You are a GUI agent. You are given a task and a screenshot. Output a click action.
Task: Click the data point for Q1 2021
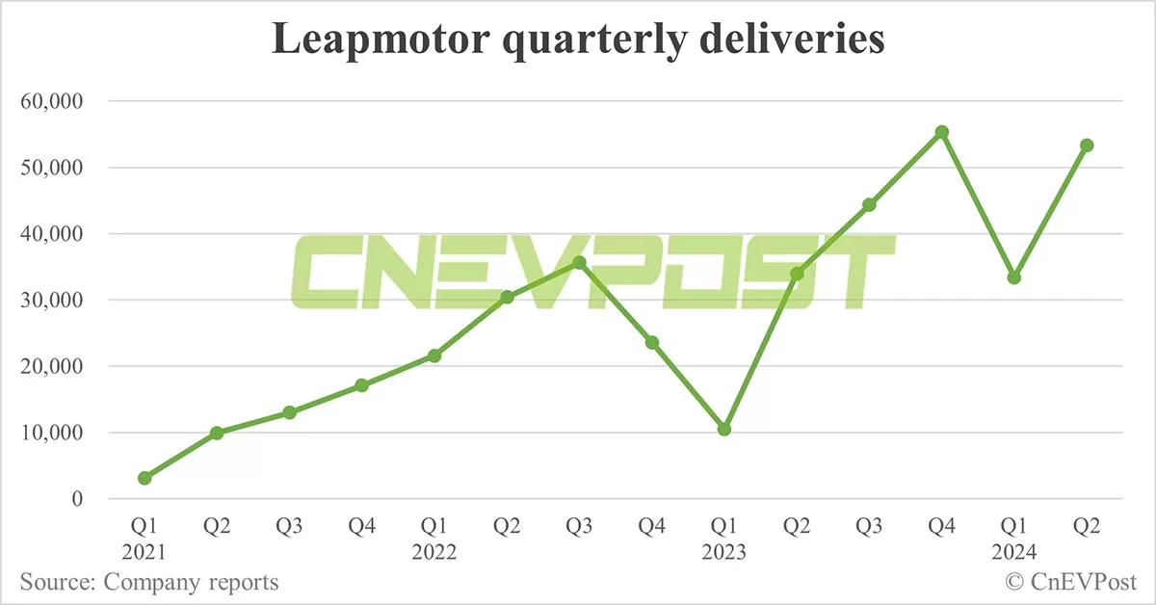tap(144, 478)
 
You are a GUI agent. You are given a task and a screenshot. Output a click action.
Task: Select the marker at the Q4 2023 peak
tap(942, 132)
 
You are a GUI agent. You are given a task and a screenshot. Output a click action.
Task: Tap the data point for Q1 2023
tap(724, 429)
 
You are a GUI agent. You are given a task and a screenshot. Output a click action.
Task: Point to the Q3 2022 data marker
tap(579, 263)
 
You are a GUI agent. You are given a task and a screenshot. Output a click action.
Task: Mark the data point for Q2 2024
tap(1087, 145)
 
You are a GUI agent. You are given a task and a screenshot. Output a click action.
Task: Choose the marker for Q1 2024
tap(1014, 277)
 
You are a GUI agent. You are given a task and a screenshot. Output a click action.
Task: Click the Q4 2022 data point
tap(652, 342)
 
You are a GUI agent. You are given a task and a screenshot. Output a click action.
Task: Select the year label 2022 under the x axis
tap(433, 553)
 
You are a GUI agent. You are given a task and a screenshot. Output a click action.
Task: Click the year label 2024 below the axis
tap(1014, 553)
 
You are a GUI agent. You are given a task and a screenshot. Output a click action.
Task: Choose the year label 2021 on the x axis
tap(144, 553)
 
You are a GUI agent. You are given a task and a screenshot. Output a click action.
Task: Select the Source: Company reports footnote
tap(149, 582)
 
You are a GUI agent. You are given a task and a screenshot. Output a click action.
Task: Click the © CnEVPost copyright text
tap(1071, 582)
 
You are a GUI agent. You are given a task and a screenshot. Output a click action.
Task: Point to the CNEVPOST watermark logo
tap(591, 272)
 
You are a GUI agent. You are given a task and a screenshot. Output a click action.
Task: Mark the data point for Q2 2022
tap(507, 297)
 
